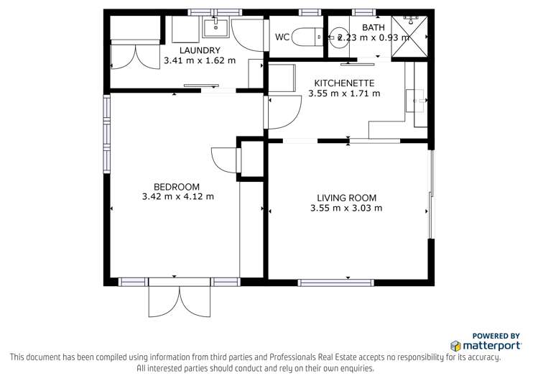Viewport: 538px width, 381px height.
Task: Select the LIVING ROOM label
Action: pos(346,198)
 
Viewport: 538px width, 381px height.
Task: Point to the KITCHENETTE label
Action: pos(344,83)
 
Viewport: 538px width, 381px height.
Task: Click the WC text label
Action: pos(282,37)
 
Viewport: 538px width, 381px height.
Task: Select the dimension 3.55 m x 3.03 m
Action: pos(346,208)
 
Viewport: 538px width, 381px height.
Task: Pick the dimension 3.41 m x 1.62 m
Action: pos(200,60)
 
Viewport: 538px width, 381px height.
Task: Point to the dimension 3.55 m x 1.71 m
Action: pos(344,93)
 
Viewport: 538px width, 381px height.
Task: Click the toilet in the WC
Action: pos(310,37)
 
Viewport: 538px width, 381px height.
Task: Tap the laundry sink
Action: pos(215,28)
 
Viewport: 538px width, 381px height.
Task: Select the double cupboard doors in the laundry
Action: pos(134,55)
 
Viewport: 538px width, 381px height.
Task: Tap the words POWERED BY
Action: pos(496,336)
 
